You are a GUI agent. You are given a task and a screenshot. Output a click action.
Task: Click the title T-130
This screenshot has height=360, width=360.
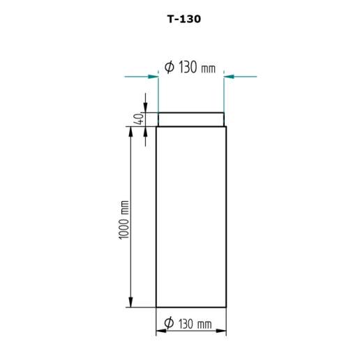[184, 19]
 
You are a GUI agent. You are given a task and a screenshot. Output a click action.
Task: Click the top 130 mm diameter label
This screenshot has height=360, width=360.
[190, 68]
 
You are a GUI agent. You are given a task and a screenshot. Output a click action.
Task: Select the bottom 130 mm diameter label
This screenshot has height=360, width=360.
[188, 324]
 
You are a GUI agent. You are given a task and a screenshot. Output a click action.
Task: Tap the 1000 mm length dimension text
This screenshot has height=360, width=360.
[123, 220]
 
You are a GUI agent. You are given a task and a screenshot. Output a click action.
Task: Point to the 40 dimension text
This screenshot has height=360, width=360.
[140, 119]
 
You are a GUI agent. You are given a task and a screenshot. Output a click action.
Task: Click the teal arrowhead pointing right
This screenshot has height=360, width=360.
[153, 77]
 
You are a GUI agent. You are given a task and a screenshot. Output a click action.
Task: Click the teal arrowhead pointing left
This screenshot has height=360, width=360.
[229, 76]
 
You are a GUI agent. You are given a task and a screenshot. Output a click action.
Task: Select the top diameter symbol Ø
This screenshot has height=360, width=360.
[170, 67]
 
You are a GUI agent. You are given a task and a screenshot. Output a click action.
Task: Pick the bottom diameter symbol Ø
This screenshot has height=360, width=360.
[169, 322]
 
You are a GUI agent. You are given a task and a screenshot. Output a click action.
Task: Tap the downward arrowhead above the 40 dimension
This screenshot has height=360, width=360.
[145, 107]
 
